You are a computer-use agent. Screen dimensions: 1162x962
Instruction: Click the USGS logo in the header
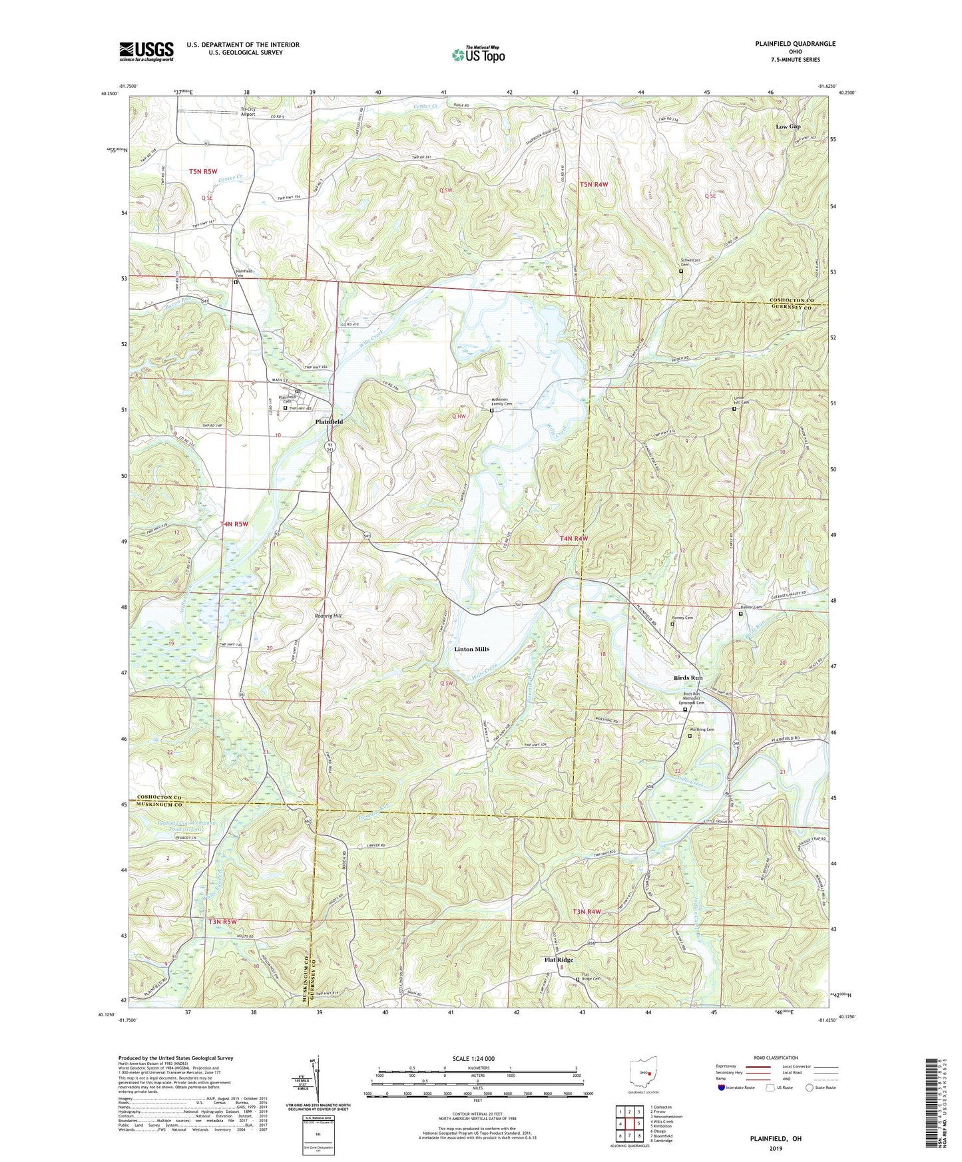point(146,51)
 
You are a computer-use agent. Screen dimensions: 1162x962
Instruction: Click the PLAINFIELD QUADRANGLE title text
point(795,44)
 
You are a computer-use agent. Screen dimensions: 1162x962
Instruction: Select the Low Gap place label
point(788,126)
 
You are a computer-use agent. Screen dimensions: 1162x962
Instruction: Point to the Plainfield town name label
point(329,422)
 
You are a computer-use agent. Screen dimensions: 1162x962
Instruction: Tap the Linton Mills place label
point(471,649)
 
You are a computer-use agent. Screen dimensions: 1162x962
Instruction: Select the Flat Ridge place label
point(559,960)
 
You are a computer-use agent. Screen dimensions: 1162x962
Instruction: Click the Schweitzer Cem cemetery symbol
point(681,272)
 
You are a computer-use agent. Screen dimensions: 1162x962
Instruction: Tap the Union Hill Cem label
point(740,403)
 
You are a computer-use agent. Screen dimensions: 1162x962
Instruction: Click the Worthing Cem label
point(702,729)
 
